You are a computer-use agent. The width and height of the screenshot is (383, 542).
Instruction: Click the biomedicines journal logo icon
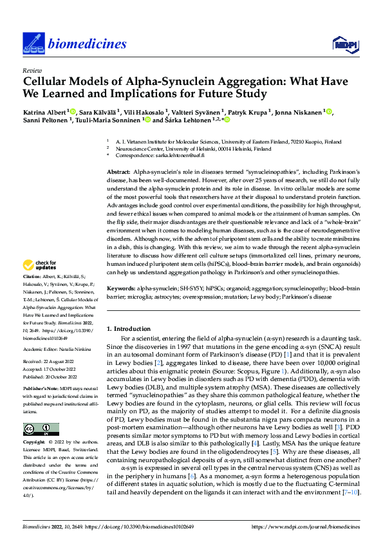coord(32,42)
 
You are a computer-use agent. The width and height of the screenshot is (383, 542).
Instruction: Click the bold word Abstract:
coord(118,173)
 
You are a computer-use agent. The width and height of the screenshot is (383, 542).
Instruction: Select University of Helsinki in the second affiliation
coord(191,148)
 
